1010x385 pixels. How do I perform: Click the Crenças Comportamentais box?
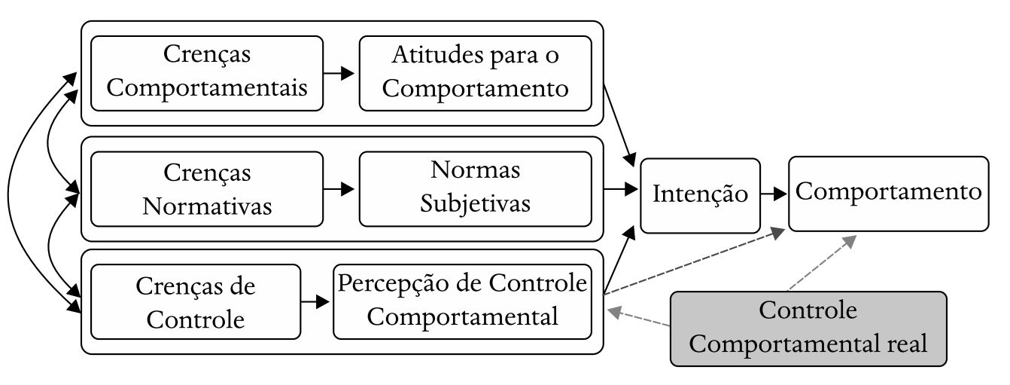pyautogui.click(x=206, y=72)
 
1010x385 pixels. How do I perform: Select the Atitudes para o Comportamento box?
pyautogui.click(x=475, y=72)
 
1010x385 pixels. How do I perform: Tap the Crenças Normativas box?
pyautogui.click(x=206, y=188)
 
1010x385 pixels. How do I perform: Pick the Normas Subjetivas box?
pyautogui.click(x=475, y=188)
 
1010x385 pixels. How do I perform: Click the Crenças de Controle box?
pyautogui.click(x=196, y=301)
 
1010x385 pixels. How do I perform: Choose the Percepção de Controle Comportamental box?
pyautogui.click(x=462, y=301)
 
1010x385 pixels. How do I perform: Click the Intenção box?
pyautogui.click(x=700, y=195)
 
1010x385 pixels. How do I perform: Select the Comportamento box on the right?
pyautogui.click(x=888, y=194)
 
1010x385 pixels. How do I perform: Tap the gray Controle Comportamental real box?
pyautogui.click(x=808, y=328)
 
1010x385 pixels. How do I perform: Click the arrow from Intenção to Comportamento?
pyautogui.click(x=774, y=194)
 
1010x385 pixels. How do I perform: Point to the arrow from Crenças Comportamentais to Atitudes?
pyautogui.click(x=340, y=73)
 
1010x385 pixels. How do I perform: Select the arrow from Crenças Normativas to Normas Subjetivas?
pyautogui.click(x=340, y=189)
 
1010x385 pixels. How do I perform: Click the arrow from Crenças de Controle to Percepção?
pyautogui.click(x=316, y=302)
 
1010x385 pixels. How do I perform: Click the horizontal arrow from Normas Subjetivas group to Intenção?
pyautogui.click(x=621, y=189)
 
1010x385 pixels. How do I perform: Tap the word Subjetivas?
pyautogui.click(x=475, y=203)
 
